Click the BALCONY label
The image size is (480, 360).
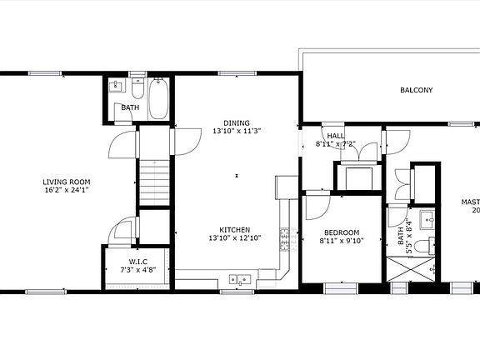[416, 90]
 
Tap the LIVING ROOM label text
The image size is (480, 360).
[67, 182]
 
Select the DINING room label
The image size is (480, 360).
[236, 123]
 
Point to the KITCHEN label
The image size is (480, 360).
[236, 230]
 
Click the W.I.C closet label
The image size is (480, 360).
[138, 262]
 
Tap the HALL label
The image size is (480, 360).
[335, 136]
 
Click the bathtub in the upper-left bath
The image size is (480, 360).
[159, 99]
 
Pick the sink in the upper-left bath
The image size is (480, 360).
[116, 86]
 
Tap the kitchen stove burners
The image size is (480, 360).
[285, 240]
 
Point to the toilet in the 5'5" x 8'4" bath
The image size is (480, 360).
[424, 245]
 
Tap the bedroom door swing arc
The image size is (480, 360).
[317, 205]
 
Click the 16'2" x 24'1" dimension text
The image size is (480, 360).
[67, 189]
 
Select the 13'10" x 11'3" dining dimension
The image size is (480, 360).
[236, 131]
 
